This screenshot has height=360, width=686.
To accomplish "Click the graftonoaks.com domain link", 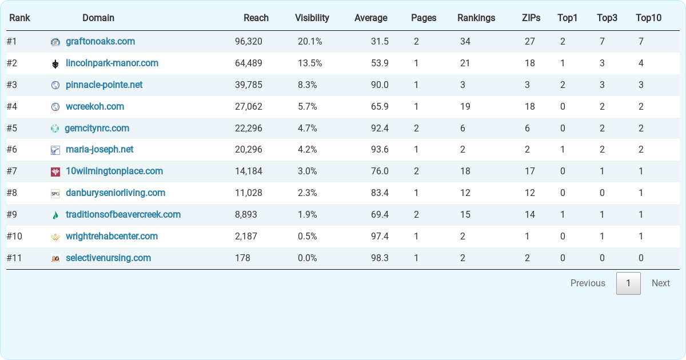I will point(100,42).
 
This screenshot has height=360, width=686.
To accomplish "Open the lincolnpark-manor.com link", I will point(111,63).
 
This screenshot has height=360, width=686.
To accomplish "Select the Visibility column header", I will point(312,18).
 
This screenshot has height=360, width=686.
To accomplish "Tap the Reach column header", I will point(256,18).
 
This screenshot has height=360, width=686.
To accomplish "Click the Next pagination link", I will point(660,283).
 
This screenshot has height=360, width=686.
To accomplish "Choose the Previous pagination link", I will point(587,283).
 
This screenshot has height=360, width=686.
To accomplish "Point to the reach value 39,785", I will point(249,85).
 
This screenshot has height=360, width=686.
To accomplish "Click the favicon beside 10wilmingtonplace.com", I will point(55,172).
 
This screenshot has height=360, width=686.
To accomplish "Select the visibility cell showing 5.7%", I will point(307,107).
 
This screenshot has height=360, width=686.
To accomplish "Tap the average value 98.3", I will point(380,258).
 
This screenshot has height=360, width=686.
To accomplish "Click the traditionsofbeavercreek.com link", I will point(123,215).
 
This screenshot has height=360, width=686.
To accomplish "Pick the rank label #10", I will point(15,237).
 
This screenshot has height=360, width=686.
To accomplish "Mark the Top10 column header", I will point(648,18).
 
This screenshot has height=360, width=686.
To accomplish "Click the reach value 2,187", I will point(246,237).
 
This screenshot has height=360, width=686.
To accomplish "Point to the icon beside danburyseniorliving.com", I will point(55,194).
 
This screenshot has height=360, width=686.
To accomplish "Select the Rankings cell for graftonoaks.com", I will point(465,42).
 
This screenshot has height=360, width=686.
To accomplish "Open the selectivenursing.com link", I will point(108,258).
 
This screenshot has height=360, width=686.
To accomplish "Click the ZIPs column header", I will point(531,18).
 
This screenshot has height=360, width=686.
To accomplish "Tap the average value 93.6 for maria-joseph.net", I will point(380,150).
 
